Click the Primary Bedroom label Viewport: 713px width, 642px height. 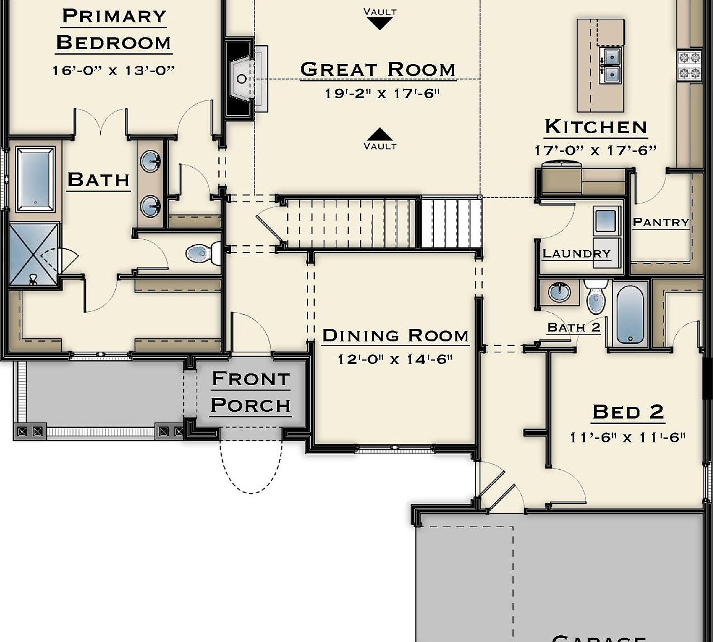pyautogui.click(x=114, y=29)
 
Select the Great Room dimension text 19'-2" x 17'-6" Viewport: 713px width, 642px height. pyautogui.click(x=382, y=94)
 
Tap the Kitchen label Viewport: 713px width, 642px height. pyautogui.click(x=595, y=127)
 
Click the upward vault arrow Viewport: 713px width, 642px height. pyautogui.click(x=380, y=134)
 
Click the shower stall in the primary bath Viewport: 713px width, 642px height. pyautogui.click(x=33, y=254)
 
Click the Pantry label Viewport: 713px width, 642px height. pyautogui.click(x=661, y=222)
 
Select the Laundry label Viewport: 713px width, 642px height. pyautogui.click(x=577, y=254)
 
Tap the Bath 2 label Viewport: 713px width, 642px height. pyautogui.click(x=574, y=327)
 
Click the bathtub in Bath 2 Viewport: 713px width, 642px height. pyautogui.click(x=630, y=313)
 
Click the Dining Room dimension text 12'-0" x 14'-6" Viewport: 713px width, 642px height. pyautogui.click(x=395, y=359)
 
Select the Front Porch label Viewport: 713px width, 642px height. pyautogui.click(x=251, y=392)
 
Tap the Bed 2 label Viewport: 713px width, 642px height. pyautogui.click(x=628, y=412)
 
